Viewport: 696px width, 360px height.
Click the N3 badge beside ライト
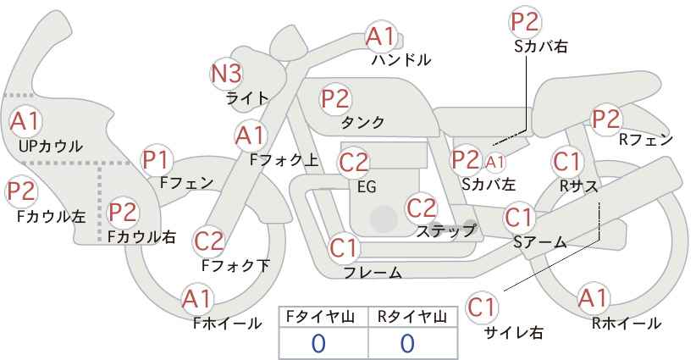click(x=226, y=75)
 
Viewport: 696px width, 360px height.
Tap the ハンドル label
click(x=401, y=59)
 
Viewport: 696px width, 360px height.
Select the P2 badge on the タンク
click(x=336, y=98)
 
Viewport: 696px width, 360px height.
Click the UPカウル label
click(x=50, y=147)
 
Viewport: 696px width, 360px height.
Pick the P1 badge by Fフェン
click(x=157, y=161)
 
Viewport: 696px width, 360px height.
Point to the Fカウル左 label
click(x=51, y=217)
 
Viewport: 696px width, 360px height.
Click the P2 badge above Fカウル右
click(x=123, y=213)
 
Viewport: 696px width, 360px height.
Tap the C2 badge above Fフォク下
click(x=208, y=241)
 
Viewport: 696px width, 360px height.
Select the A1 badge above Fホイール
click(x=197, y=299)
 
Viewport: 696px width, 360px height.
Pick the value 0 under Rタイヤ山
click(x=407, y=344)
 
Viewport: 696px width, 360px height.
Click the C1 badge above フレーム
click(x=344, y=248)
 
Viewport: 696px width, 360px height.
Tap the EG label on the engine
click(x=367, y=187)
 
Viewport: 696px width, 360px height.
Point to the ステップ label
click(x=445, y=231)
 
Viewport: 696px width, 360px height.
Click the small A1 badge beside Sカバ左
click(x=494, y=163)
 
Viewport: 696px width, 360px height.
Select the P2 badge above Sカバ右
click(x=525, y=22)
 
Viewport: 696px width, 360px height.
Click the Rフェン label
click(x=646, y=141)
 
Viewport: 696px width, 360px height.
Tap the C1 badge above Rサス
click(x=566, y=162)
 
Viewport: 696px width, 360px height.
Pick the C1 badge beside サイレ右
click(x=482, y=307)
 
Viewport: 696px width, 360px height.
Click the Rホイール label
click(x=627, y=324)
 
